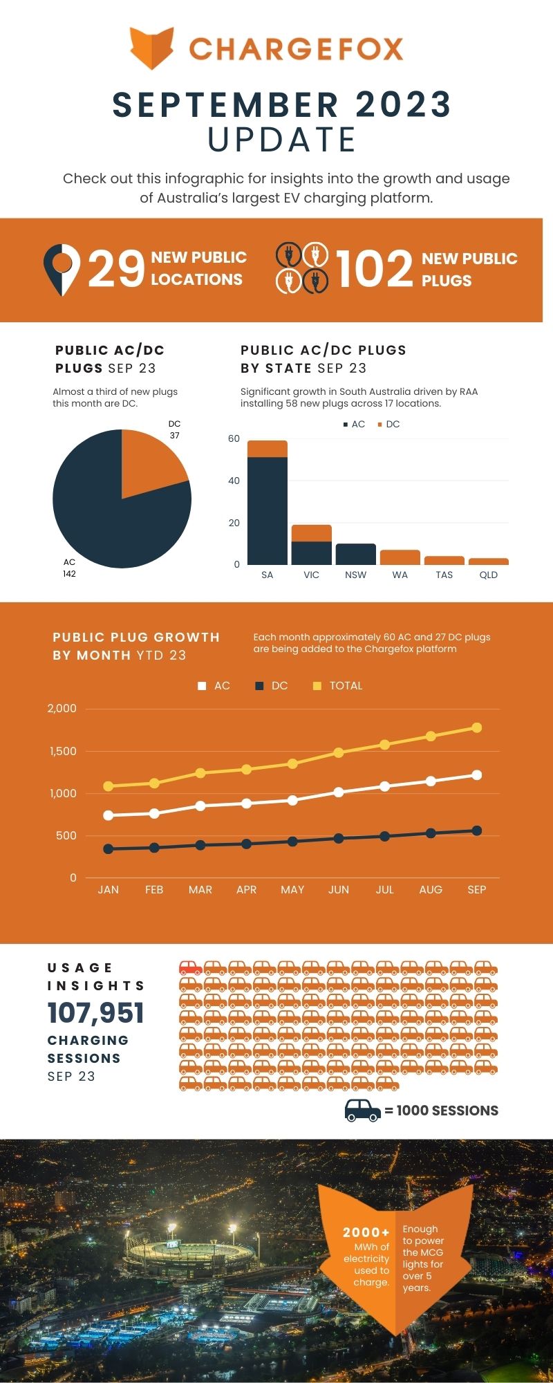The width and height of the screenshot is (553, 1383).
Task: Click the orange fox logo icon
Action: [x=151, y=48]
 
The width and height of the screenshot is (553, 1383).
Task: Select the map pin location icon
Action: [x=62, y=269]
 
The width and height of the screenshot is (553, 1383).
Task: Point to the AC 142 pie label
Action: [x=69, y=568]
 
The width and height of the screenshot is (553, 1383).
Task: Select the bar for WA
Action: [x=400, y=557]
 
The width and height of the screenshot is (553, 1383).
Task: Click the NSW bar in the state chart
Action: [x=355, y=554]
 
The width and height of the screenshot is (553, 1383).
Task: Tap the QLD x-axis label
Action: [x=488, y=575]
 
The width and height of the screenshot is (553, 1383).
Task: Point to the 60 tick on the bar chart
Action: [x=234, y=438]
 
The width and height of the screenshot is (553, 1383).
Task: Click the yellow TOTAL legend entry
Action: [x=338, y=686]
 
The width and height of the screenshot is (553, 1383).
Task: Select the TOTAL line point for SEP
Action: [x=477, y=727]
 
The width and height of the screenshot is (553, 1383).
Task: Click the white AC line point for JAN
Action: [x=108, y=815]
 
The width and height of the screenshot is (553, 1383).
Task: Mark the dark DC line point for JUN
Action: [x=339, y=838]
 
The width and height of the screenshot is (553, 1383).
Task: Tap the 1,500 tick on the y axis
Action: [x=63, y=751]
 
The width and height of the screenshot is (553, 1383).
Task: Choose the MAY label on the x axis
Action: [x=292, y=890]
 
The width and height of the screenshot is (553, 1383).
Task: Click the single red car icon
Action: [x=191, y=967]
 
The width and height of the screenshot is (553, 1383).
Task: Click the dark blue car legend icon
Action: [x=362, y=1110]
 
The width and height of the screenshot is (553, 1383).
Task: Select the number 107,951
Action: [x=96, y=1013]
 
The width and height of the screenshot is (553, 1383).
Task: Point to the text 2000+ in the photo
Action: [x=366, y=1232]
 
